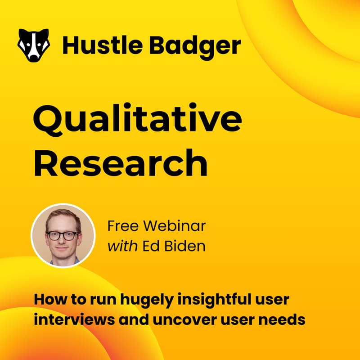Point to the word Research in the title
(x=121, y=164)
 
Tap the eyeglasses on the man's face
(x=63, y=236)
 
